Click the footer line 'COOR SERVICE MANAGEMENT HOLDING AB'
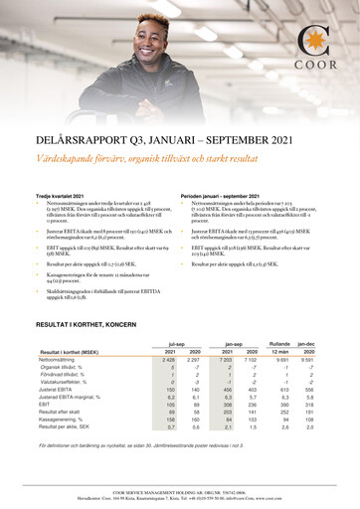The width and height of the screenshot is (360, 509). point(179,490)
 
